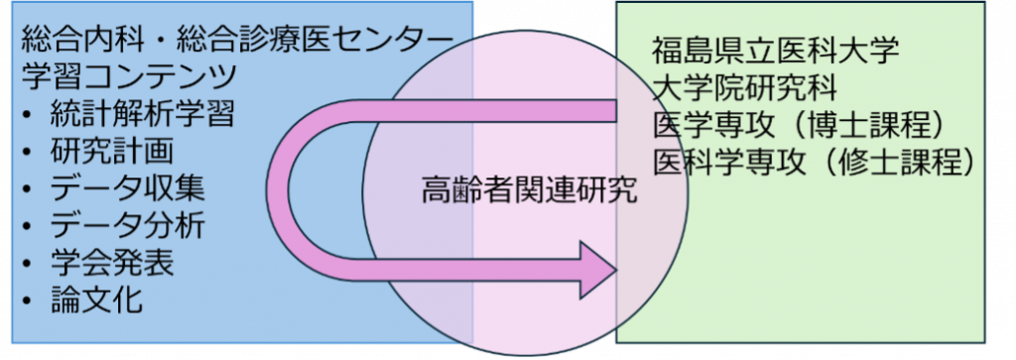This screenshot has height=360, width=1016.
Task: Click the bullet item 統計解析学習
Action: point(142,115)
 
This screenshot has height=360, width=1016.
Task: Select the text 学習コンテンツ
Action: point(129,76)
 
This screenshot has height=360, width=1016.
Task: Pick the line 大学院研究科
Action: point(745,87)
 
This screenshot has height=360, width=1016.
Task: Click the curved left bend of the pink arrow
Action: point(283,188)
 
